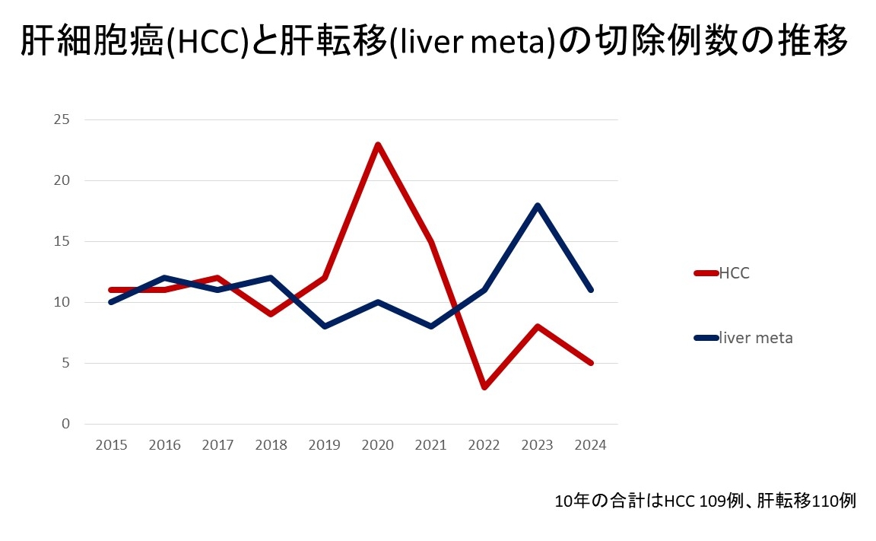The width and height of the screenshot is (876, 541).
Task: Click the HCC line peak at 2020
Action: click(377, 145)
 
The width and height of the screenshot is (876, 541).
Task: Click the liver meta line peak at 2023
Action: click(537, 205)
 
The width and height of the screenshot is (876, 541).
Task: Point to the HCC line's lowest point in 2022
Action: click(484, 387)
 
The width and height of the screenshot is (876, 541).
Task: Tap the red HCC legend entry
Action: click(722, 274)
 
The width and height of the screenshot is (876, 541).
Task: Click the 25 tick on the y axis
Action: click(62, 119)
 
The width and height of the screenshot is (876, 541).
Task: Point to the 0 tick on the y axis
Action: click(65, 424)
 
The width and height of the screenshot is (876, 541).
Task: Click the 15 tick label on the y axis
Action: click(62, 241)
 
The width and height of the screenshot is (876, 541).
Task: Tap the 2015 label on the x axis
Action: click(111, 445)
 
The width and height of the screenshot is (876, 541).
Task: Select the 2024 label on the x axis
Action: click(590, 445)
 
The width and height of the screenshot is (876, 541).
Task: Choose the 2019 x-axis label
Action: click(324, 445)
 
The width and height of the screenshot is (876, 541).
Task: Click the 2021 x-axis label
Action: click(430, 445)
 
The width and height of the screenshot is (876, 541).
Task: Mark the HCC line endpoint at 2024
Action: click(590, 363)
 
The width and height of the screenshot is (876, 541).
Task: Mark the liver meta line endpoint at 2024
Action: click(590, 290)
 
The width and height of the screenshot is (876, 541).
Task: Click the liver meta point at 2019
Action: click(324, 326)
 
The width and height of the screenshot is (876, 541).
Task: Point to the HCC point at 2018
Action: click(271, 313)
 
